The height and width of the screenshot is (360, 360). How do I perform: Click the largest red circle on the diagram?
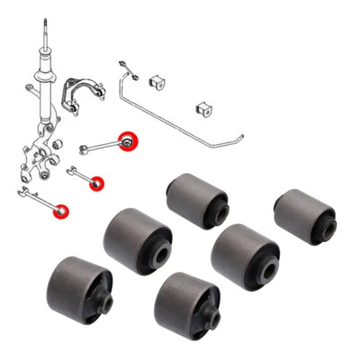pyautogui.click(x=130, y=142)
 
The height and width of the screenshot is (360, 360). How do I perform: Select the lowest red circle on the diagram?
pyautogui.click(x=64, y=211)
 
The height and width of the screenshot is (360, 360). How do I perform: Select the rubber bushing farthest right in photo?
pyautogui.click(x=304, y=214)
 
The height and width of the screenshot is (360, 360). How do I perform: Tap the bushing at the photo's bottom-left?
pyautogui.click(x=79, y=287)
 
